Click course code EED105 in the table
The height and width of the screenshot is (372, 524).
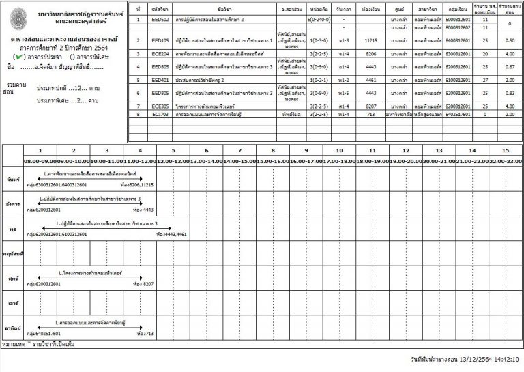tap(161, 40)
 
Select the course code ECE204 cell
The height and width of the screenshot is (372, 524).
tap(161, 53)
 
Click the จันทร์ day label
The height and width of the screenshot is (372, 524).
tap(11, 179)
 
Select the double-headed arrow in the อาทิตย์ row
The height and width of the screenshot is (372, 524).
tap(89, 326)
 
